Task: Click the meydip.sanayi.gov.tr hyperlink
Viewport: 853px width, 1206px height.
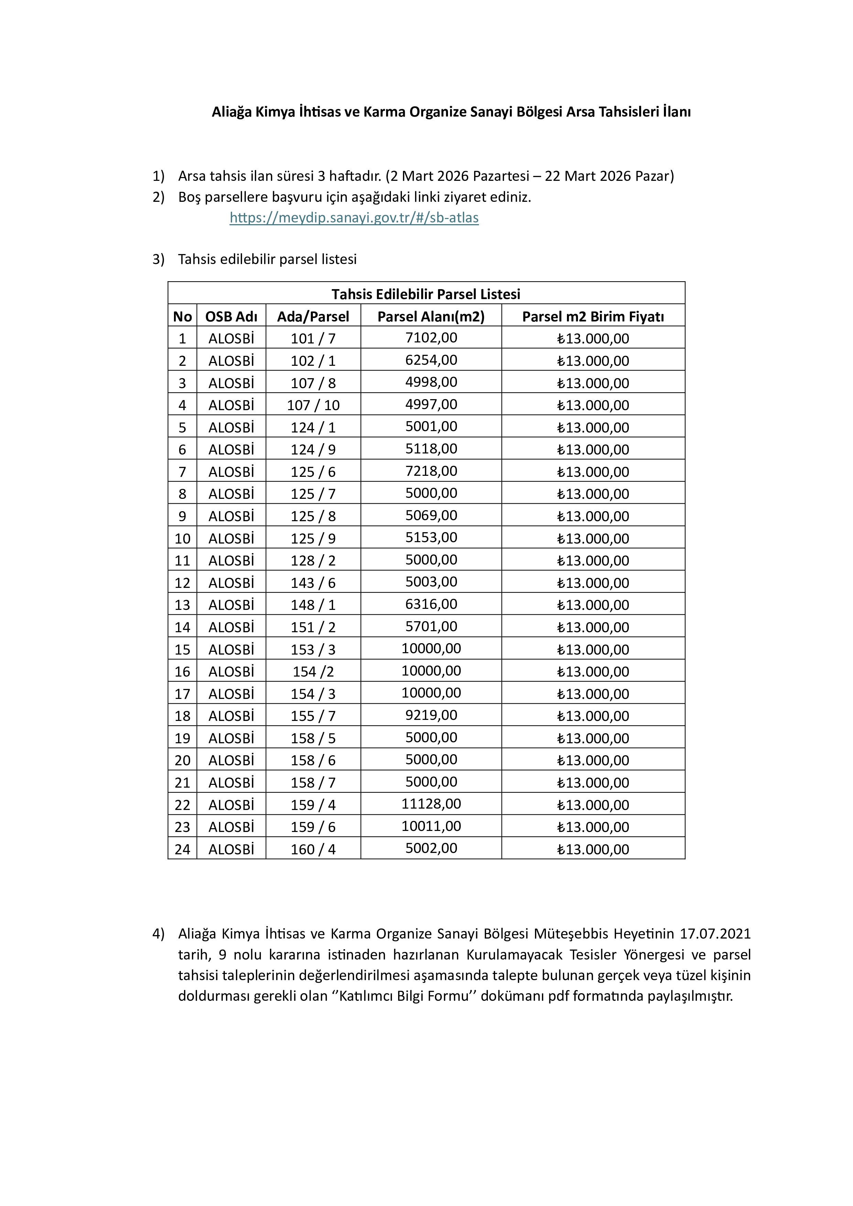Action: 354,218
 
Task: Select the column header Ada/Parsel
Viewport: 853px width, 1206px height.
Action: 313,316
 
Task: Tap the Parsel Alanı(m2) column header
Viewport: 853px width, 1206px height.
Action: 431,316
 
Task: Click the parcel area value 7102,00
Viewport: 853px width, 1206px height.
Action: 431,338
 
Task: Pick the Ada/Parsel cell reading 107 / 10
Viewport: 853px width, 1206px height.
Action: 313,405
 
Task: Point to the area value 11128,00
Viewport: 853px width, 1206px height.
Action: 431,804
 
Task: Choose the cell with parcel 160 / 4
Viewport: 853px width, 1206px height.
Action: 313,849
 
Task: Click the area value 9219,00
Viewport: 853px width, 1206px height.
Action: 431,715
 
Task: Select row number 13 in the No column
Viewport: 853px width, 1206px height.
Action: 182,605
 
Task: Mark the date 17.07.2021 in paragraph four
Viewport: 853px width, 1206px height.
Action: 715,933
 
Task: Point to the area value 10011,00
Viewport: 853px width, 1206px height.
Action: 431,826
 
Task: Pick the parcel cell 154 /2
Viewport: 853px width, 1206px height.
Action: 313,671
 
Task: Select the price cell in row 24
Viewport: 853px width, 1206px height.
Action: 593,849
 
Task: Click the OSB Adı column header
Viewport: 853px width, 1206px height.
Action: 231,316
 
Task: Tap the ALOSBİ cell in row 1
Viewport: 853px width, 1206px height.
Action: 231,338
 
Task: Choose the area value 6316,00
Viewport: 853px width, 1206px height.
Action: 431,604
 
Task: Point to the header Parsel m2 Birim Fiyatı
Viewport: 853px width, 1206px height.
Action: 593,316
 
